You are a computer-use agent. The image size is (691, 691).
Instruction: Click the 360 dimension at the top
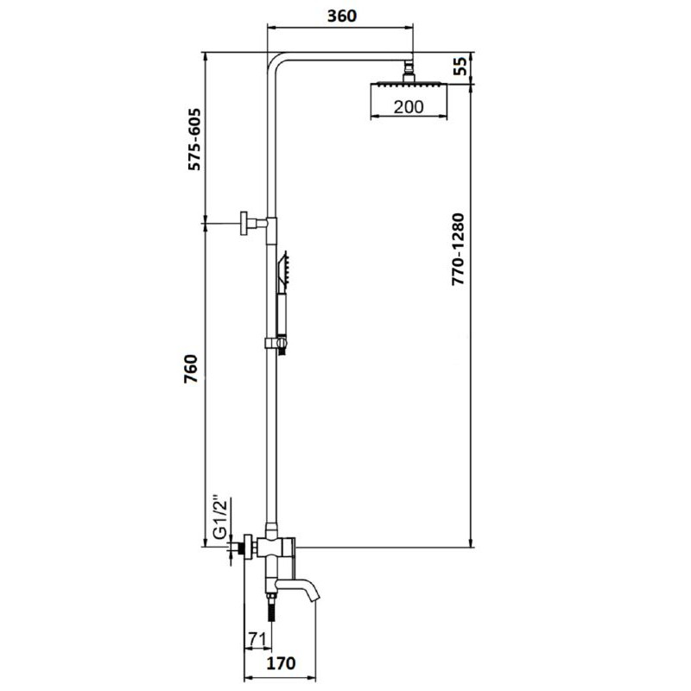tap(342, 16)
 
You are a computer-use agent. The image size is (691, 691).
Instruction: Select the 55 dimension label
tap(460, 67)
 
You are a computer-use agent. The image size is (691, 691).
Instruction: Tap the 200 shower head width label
tap(409, 107)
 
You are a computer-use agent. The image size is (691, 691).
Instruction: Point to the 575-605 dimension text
tap(194, 139)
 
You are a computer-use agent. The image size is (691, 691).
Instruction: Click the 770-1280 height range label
tap(459, 250)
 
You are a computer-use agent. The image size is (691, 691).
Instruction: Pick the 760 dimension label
tap(191, 369)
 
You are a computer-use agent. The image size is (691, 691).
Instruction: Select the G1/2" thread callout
tap(220, 518)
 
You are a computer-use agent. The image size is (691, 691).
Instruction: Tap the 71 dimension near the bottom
tap(257, 638)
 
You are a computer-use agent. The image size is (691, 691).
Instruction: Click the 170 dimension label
tap(282, 662)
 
